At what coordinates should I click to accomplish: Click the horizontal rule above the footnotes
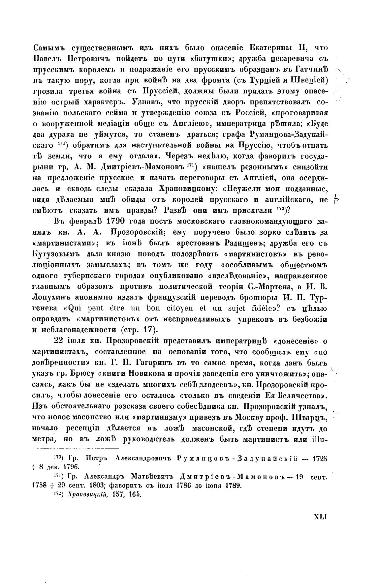(x=77, y=449)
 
